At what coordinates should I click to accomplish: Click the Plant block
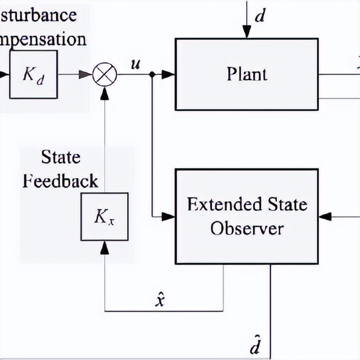tap(247, 74)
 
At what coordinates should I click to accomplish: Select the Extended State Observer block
tap(247, 216)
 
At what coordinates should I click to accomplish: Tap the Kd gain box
tap(33, 74)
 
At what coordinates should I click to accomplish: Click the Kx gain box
tap(104, 217)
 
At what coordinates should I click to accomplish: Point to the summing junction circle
tap(104, 74)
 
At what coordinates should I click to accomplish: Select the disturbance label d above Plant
tap(259, 15)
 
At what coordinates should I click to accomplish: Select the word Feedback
tap(60, 181)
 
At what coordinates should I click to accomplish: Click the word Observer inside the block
tap(247, 228)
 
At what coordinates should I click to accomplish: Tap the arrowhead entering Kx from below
tap(104, 246)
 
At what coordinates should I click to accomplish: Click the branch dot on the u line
tap(151, 74)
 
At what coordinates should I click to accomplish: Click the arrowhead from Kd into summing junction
tap(86, 74)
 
